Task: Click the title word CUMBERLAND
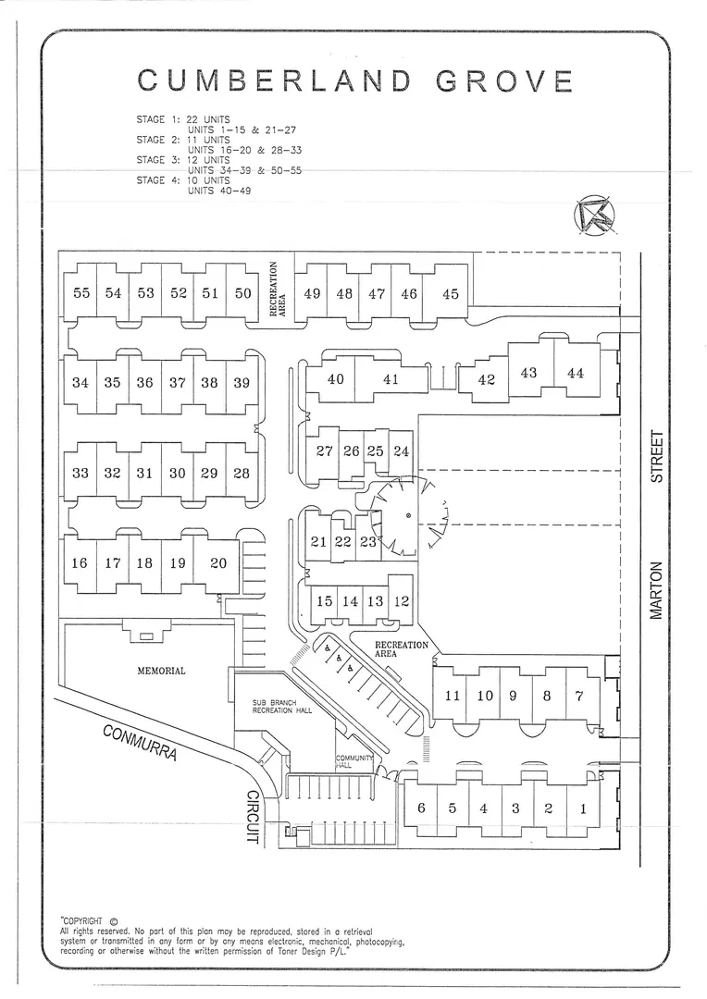tap(274, 80)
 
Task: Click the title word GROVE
tap(505, 80)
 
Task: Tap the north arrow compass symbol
tap(594, 216)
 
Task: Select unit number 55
tap(81, 293)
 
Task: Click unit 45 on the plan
tap(450, 294)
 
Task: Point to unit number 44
tap(575, 373)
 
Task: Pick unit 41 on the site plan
tap(391, 379)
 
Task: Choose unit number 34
tap(81, 383)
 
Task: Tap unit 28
tap(241, 474)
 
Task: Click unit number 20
tap(218, 563)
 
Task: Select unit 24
tap(401, 451)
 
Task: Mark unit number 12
tap(401, 601)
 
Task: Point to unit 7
tap(579, 696)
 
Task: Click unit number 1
tap(582, 809)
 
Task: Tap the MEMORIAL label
tap(161, 671)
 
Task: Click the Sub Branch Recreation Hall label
tap(282, 706)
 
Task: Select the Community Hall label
tap(353, 761)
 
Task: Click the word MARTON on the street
tap(656, 590)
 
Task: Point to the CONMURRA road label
tap(139, 742)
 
